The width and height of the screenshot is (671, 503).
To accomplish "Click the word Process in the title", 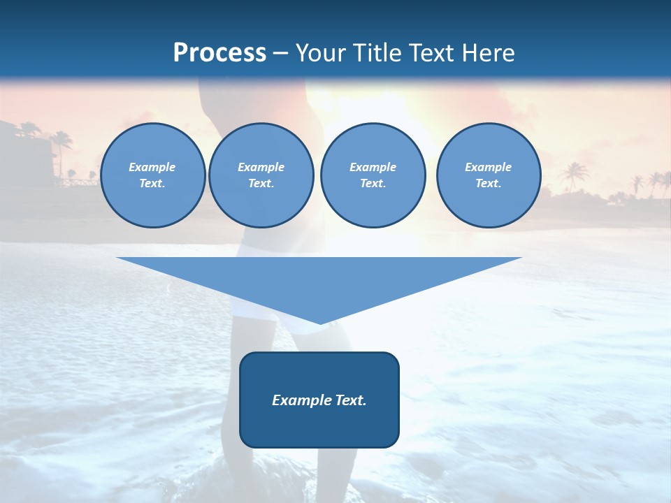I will (219, 53).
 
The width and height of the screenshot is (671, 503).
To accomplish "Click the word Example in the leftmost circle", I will (152, 167).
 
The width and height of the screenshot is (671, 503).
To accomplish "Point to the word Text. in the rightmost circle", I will (489, 184).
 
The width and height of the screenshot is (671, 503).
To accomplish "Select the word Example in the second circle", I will (261, 167).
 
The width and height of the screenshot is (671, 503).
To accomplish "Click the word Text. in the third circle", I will (373, 184).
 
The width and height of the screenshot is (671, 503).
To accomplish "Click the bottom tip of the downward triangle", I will (320, 322).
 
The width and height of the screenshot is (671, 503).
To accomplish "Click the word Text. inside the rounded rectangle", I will (350, 400).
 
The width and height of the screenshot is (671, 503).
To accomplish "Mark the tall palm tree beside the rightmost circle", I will (575, 175).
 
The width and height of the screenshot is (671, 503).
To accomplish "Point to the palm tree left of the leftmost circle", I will (62, 150).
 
